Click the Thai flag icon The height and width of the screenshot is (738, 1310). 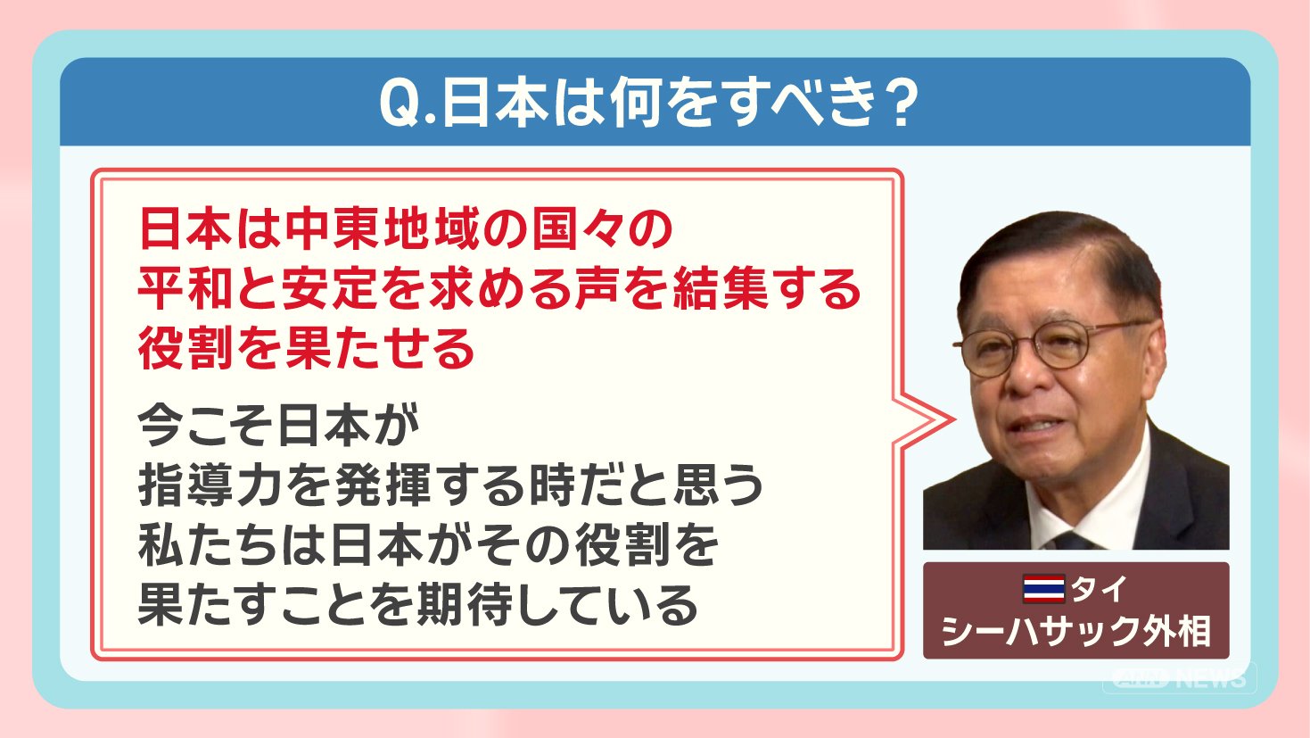click(1044, 589)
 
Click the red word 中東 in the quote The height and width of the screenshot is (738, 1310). click(333, 228)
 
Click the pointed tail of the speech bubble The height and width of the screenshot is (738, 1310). click(952, 419)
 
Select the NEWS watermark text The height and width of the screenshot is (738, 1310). click(1212, 678)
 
